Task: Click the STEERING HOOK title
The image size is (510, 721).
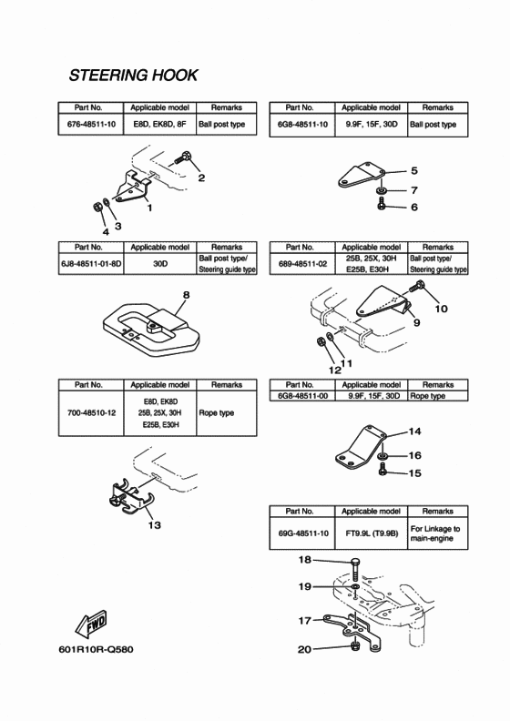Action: [133, 75]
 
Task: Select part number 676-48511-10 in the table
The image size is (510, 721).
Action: [88, 125]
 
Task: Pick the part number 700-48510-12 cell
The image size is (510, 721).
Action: [88, 412]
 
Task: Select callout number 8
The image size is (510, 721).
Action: [186, 295]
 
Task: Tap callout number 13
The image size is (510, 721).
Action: [154, 524]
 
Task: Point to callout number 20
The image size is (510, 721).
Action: [306, 649]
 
